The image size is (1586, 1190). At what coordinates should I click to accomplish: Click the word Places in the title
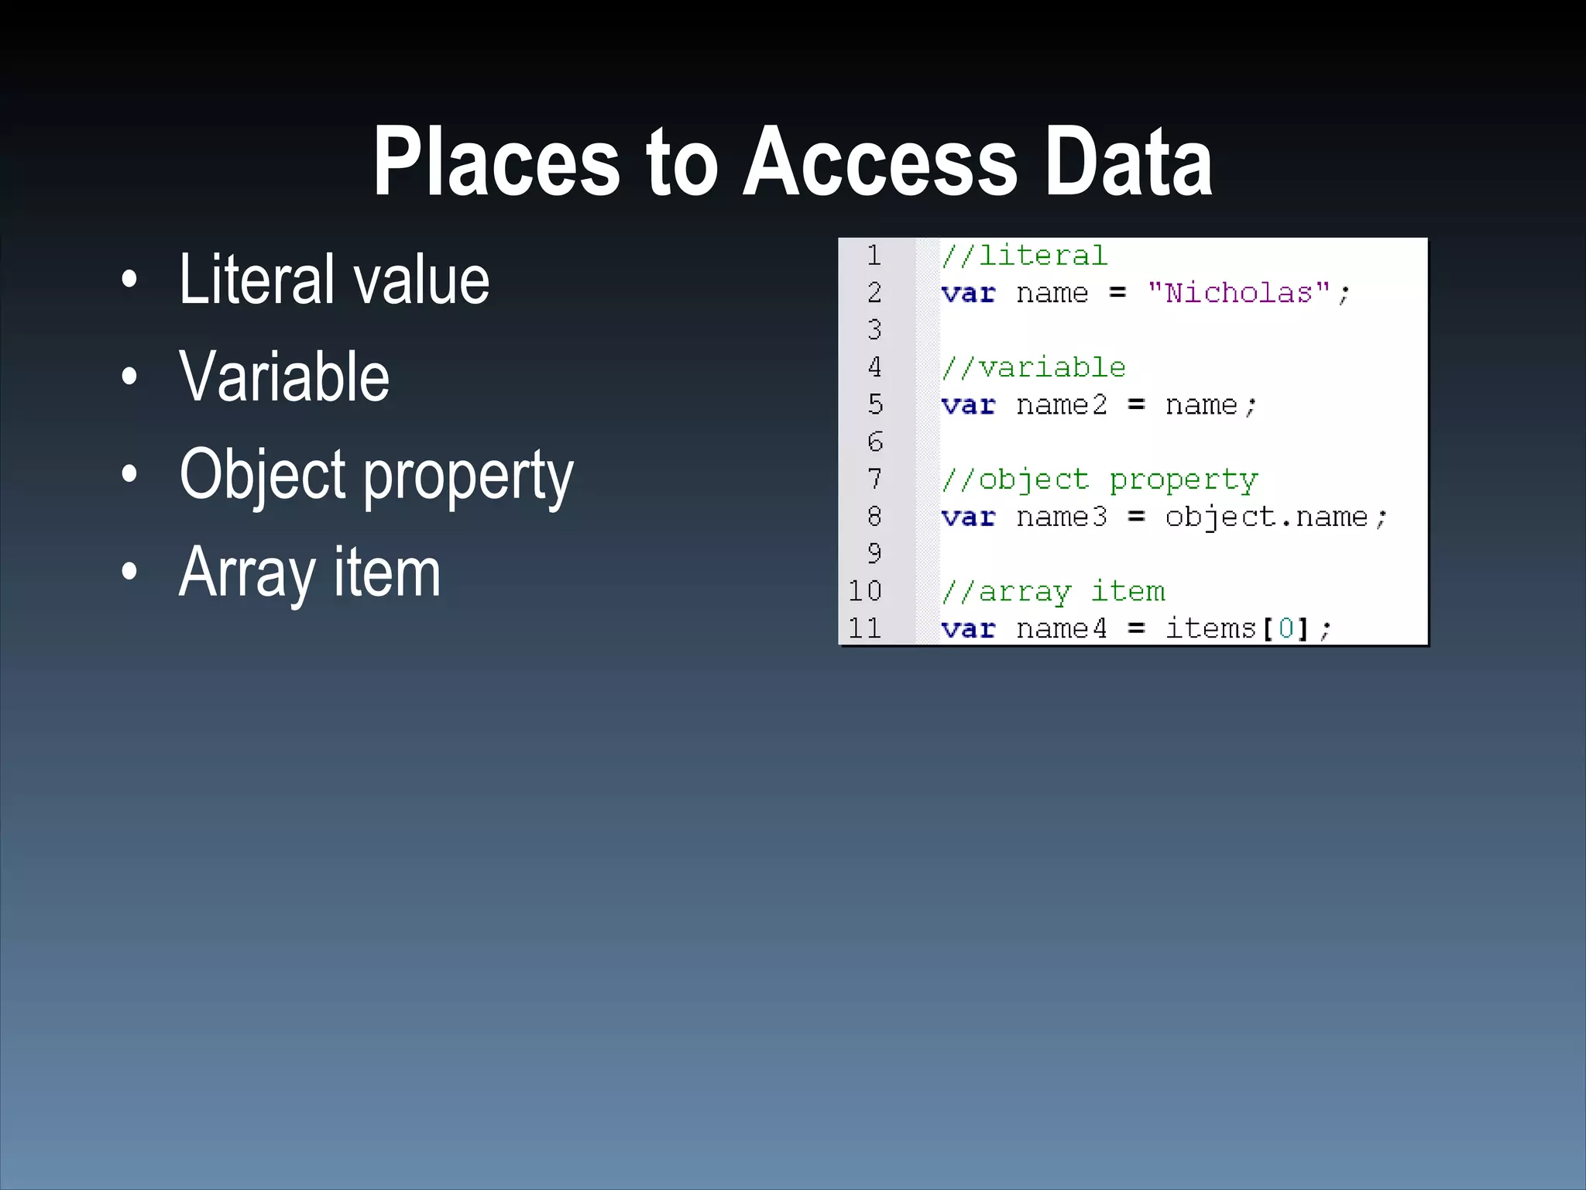pos(496,163)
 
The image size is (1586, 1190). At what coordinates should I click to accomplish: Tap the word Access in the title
pos(881,163)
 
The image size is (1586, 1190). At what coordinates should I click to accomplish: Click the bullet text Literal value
pos(334,280)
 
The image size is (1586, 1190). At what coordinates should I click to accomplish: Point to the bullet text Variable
pos(284,377)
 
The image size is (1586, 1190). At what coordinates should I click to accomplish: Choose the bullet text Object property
pos(376,476)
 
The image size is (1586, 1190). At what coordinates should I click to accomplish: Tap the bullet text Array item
pos(310,573)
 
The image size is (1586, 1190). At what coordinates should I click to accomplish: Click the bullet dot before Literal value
pos(129,280)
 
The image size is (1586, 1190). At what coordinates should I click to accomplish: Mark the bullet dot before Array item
pos(129,573)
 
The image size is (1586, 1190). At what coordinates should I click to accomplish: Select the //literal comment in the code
pos(1025,256)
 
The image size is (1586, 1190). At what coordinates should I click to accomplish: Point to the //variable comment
pos(1034,367)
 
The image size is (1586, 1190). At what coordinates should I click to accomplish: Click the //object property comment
pos(1100,480)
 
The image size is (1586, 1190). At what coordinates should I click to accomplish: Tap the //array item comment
pos(1053,592)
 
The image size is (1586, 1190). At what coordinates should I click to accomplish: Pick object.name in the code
pos(1266,517)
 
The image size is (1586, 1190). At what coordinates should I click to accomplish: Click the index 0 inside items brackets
pos(1286,628)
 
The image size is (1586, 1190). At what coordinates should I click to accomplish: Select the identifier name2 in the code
pos(1062,405)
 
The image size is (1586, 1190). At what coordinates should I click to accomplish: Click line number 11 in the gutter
pos(865,628)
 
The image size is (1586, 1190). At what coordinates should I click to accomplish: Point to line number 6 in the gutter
pos(875,442)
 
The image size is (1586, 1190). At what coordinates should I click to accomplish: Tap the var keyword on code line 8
pos(968,517)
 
